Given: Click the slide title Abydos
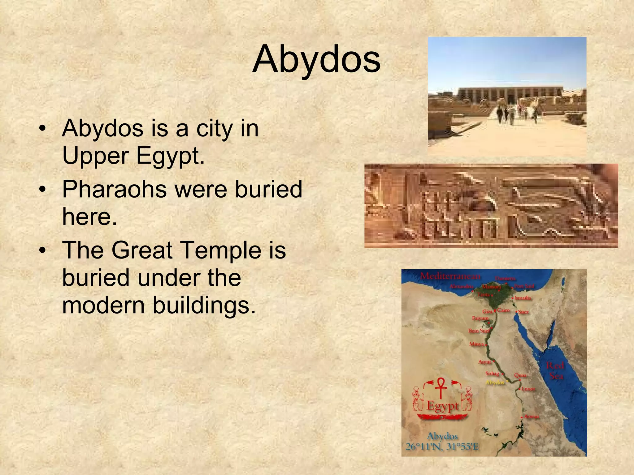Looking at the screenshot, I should click(316, 59).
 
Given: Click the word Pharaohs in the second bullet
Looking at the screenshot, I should click(114, 189).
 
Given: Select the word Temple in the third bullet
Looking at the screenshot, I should click(221, 250).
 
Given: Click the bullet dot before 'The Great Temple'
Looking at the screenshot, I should click(43, 250).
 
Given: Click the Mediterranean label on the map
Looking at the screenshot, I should click(450, 276).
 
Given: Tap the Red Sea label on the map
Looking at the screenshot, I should click(555, 371).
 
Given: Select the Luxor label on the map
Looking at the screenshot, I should click(528, 389).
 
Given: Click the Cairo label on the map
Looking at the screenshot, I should click(503, 310).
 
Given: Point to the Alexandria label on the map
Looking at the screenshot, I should click(461, 286).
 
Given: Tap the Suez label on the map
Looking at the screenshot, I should click(523, 312).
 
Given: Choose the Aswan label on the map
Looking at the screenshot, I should click(532, 417).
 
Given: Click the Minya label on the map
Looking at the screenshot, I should click(476, 344).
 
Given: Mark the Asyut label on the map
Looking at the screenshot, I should click(484, 362).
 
